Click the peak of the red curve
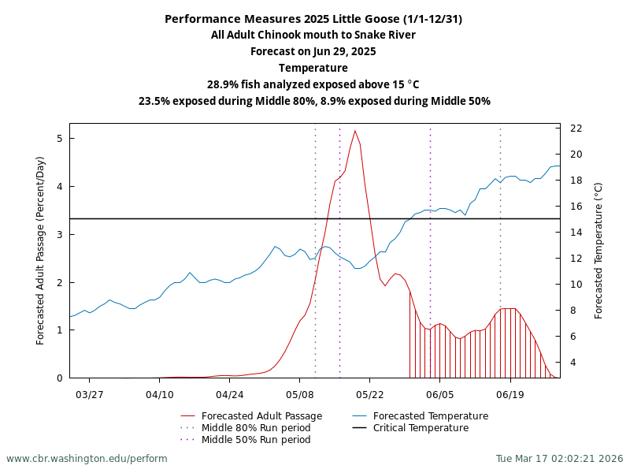pyautogui.click(x=355, y=131)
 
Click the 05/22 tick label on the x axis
pyautogui.click(x=369, y=393)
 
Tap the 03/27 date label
pyautogui.click(x=90, y=393)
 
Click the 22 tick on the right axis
pyautogui.click(x=576, y=128)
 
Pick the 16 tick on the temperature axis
pyautogui.click(x=576, y=207)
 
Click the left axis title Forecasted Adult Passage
pyautogui.click(x=41, y=251)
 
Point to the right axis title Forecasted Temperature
pyautogui.click(x=598, y=251)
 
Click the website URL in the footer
pyautogui.click(x=87, y=459)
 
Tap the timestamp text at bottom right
pyautogui.click(x=559, y=459)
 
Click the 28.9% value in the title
pyautogui.click(x=224, y=84)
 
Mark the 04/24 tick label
pyautogui.click(x=229, y=393)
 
